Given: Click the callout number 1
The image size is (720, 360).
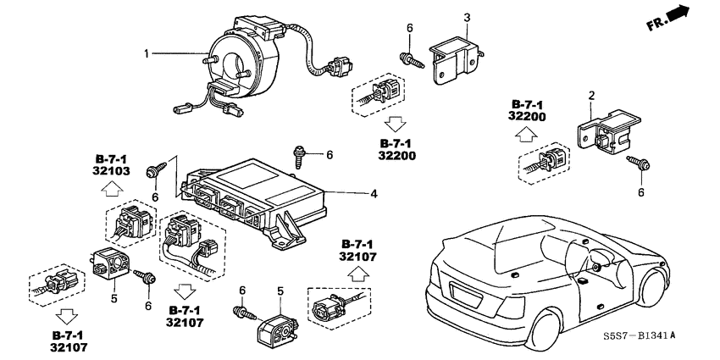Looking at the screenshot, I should [147, 54].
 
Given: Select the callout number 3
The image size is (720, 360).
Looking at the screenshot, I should [466, 17].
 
